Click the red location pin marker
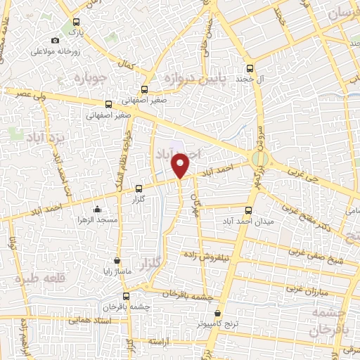[181, 165]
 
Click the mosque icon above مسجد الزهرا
[97, 209]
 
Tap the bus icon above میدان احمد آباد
[247, 210]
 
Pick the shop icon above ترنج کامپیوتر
[217, 314]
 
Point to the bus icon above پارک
[75, 22]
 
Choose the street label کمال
[127, 64]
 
